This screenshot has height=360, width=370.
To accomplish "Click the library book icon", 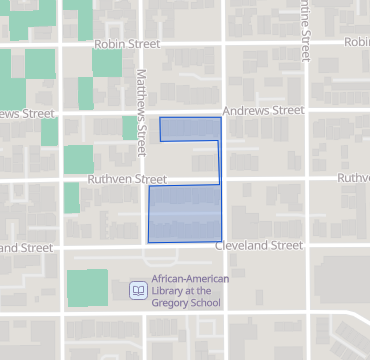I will [138, 291].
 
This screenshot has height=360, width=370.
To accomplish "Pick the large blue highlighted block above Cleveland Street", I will [184, 214].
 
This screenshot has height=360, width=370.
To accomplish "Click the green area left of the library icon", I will [87, 288].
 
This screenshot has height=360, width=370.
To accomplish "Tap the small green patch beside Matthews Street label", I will [128, 127].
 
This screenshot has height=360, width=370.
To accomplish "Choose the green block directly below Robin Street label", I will [105, 70].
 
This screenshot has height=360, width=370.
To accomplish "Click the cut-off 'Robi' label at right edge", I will [357, 42].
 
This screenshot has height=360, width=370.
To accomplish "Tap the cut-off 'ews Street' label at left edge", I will [26, 113].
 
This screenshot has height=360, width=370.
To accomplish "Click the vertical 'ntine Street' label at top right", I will [304, 32].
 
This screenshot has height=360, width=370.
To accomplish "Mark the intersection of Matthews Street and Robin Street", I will [141, 45].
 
